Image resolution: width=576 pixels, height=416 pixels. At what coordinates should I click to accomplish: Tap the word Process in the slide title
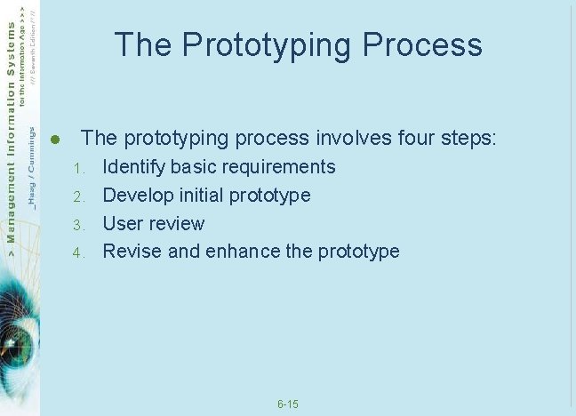pos(422,44)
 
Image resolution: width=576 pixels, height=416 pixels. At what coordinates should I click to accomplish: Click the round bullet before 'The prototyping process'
pos(54,140)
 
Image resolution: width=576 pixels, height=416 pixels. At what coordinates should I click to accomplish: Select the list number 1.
pos(77,168)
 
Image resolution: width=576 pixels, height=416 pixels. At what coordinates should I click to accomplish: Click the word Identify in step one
pos(134,167)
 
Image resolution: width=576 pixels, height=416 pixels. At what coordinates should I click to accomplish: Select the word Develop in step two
pos(137,196)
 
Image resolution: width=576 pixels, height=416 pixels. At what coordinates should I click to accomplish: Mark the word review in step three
pos(177,224)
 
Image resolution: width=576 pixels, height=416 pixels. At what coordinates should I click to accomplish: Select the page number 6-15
pos(287,405)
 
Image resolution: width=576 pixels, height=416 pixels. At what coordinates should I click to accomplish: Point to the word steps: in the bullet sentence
pos(468,140)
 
